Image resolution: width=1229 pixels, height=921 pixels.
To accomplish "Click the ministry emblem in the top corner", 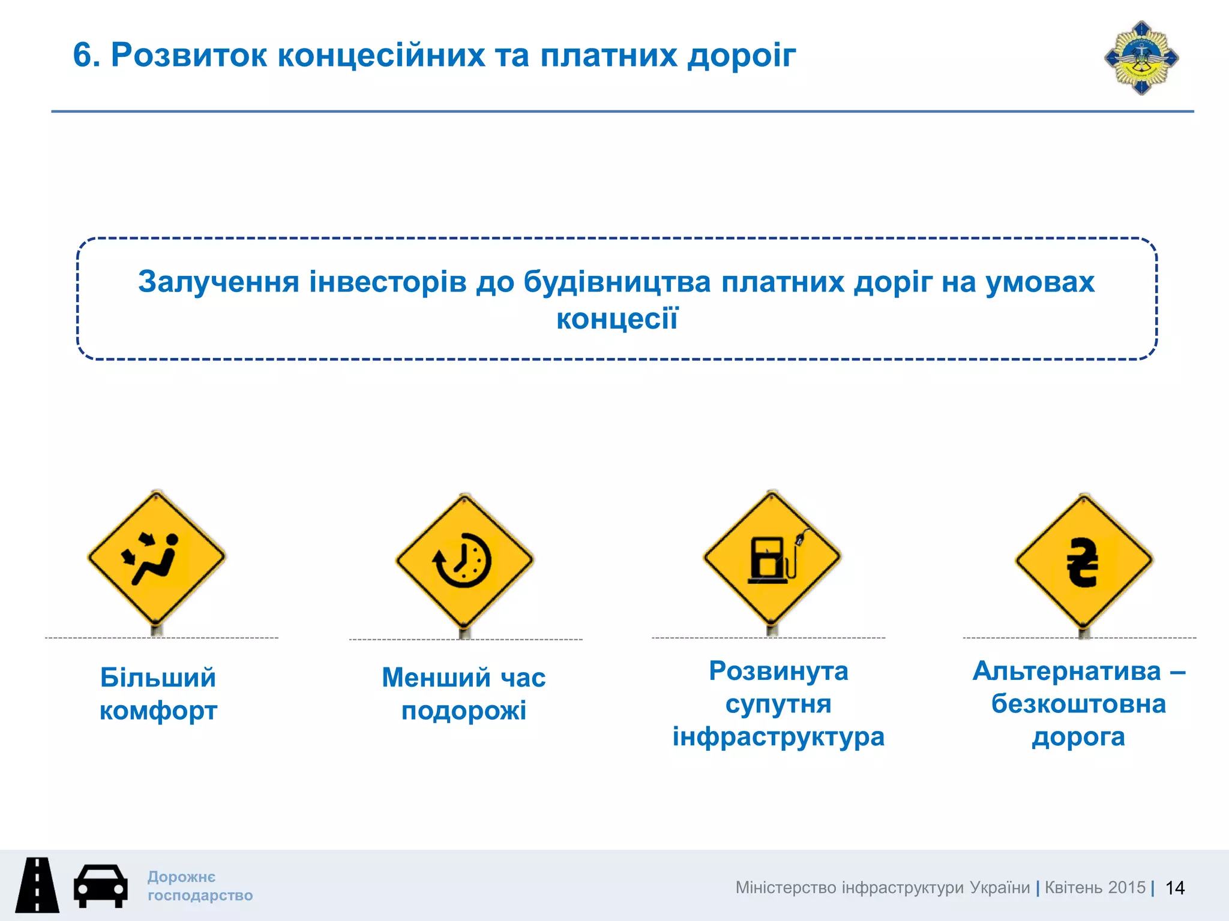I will coord(1141,58).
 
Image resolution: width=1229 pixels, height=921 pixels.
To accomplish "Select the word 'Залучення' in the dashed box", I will coord(218,282).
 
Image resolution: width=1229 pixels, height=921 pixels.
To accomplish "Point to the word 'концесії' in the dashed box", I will coord(617,318).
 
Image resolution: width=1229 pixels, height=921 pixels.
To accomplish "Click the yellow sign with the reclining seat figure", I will coord(157,558).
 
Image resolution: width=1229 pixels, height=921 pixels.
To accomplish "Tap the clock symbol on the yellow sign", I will coord(463,560).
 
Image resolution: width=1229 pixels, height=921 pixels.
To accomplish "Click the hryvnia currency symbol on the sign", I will coord(1083,562).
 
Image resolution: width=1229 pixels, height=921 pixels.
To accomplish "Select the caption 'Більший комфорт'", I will coord(158,694).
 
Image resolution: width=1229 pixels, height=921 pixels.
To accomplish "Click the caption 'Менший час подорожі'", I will coord(464,694).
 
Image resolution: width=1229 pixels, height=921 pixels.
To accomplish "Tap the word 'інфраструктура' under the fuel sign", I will coord(778,737).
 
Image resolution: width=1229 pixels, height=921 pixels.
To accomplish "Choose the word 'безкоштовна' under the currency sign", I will coord(1078,704).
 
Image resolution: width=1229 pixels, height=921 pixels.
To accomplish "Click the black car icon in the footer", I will coord(100,886).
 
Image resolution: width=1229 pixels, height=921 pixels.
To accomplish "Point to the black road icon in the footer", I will coord(37,886).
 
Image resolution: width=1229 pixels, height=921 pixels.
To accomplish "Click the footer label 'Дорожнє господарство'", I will coord(200,886).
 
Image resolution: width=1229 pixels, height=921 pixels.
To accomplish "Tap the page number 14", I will coord(1174,888).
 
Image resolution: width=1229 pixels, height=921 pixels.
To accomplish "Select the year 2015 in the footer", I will coord(1126,887).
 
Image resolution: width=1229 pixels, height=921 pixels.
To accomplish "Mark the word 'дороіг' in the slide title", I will coord(742,55).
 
